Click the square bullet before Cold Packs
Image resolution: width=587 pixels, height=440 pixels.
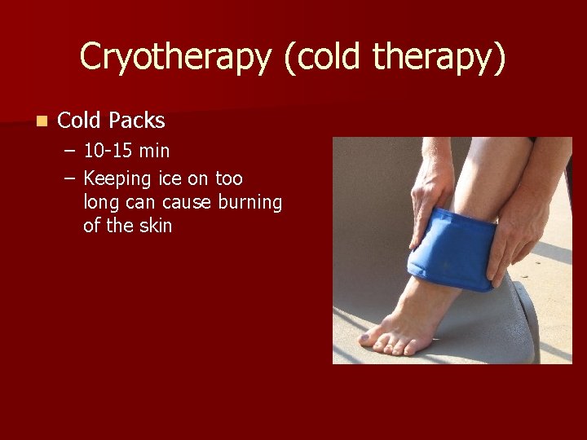click(x=41, y=121)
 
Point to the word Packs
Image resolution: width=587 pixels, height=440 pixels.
click(x=137, y=121)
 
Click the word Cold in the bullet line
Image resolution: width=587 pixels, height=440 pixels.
click(x=79, y=121)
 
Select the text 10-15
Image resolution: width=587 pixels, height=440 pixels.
click(x=108, y=152)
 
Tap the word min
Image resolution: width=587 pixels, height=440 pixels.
click(x=154, y=152)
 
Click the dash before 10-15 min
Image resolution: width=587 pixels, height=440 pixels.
click(x=71, y=152)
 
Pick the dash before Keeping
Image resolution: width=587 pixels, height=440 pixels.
click(x=71, y=178)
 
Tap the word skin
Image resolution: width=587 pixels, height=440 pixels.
click(x=155, y=225)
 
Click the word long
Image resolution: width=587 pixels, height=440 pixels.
click(x=100, y=203)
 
